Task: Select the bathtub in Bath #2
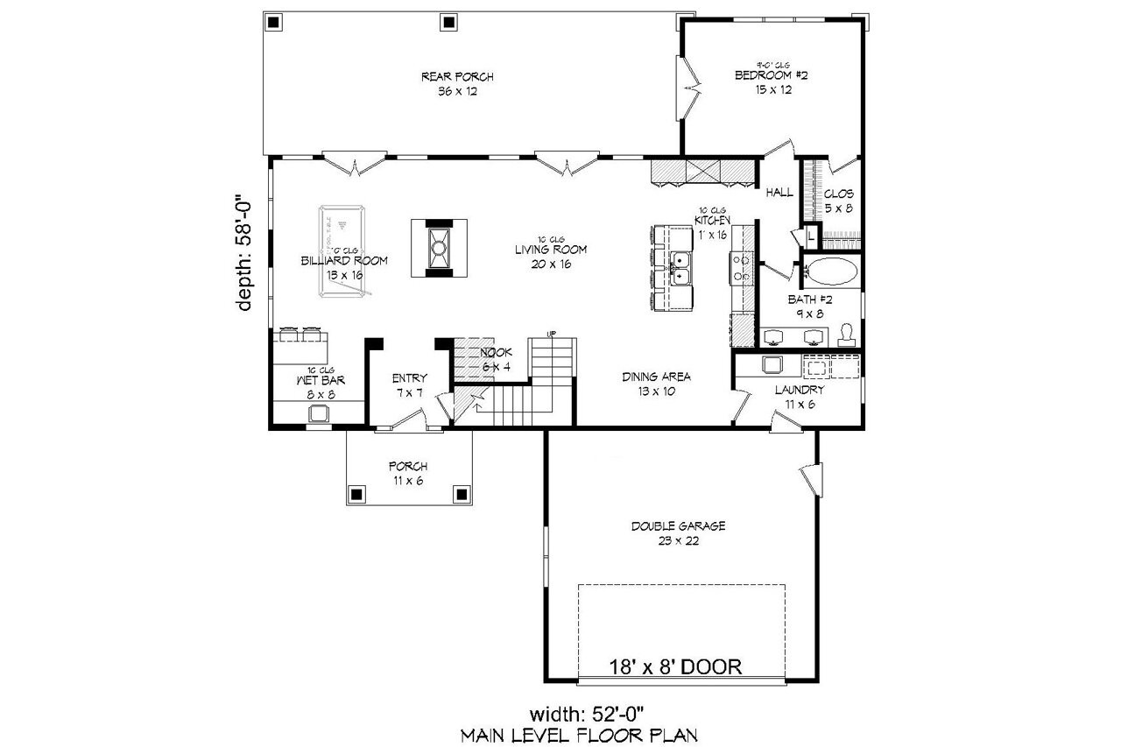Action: pyautogui.click(x=831, y=272)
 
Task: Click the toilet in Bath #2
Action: pyautogui.click(x=846, y=335)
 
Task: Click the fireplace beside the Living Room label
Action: pyautogui.click(x=439, y=247)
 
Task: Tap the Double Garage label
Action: pyautogui.click(x=679, y=533)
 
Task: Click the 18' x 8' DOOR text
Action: pyautogui.click(x=675, y=666)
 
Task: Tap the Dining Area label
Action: pyautogui.click(x=657, y=384)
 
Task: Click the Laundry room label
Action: pyautogui.click(x=799, y=397)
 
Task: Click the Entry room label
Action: pyautogui.click(x=409, y=385)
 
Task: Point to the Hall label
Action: pyautogui.click(x=779, y=193)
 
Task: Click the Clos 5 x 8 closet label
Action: pyautogui.click(x=838, y=201)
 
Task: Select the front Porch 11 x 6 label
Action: pyautogui.click(x=408, y=473)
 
